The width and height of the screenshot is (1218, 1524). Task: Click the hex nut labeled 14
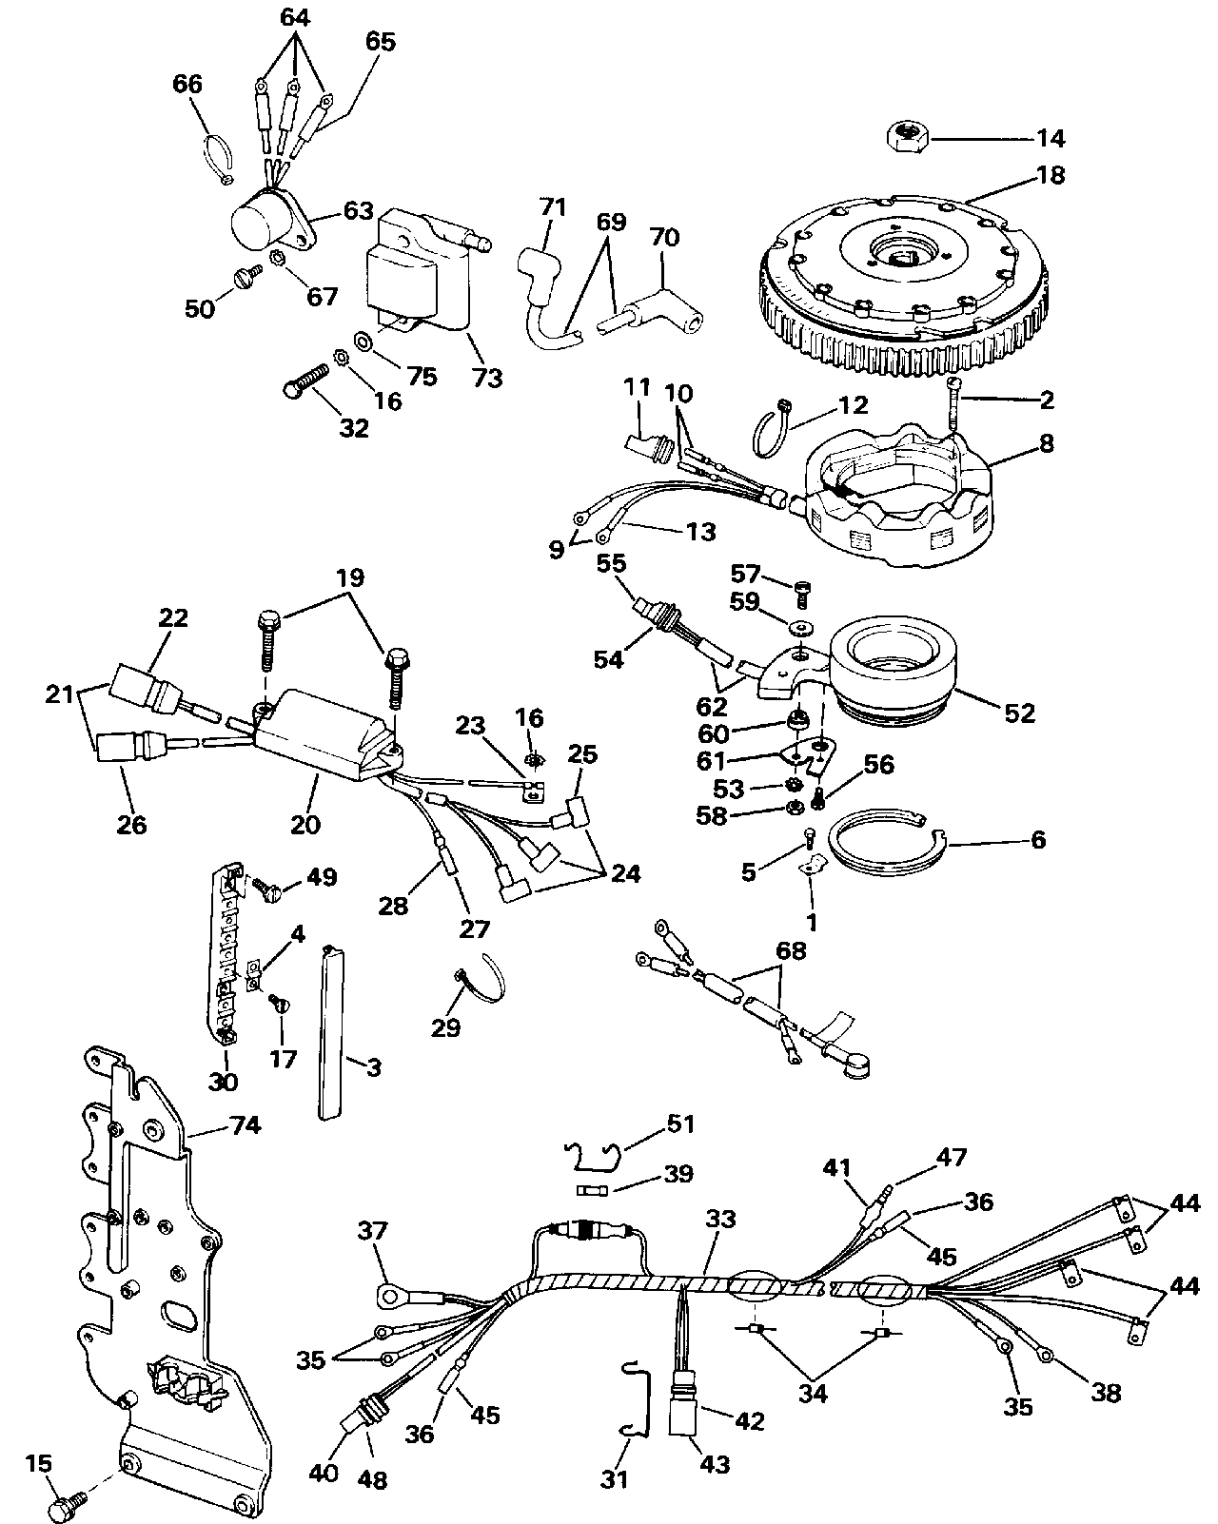click(909, 134)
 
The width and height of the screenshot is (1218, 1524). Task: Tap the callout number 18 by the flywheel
click(1051, 175)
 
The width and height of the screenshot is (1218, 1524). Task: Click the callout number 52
click(1020, 713)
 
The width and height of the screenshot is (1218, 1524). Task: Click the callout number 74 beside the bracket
click(246, 1124)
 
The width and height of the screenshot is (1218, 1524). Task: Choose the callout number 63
click(359, 211)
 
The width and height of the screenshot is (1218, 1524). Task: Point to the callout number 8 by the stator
click(1047, 444)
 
